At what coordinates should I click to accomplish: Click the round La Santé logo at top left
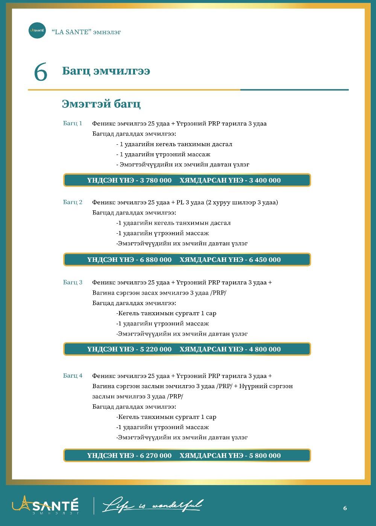click(37, 30)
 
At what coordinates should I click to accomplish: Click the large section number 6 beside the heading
click(41, 72)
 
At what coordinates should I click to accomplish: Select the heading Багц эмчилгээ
click(106, 71)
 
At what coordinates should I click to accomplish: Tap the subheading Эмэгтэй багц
click(101, 104)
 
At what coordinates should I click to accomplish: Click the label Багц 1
click(73, 123)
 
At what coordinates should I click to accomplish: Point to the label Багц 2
click(73, 202)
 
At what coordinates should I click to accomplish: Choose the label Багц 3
click(73, 282)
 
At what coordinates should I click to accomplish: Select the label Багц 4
click(73, 375)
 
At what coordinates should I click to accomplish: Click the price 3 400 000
click(265, 180)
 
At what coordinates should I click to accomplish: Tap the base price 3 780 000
click(156, 180)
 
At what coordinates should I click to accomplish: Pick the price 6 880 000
click(156, 260)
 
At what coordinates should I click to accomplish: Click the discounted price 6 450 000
click(265, 260)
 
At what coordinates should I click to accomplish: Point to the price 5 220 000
click(156, 349)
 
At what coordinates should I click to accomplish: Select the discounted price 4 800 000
click(265, 349)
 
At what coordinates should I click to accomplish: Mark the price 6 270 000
click(156, 455)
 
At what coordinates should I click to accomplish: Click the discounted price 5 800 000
click(265, 455)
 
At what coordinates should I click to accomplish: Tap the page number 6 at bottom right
click(345, 508)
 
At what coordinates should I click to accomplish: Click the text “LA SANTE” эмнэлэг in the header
click(86, 32)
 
